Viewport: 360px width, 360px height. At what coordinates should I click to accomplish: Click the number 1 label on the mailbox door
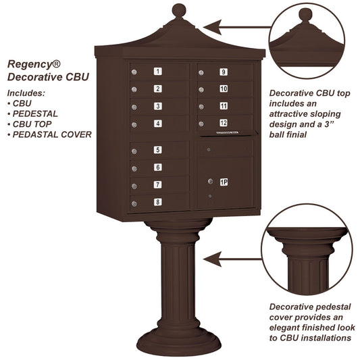[157, 71]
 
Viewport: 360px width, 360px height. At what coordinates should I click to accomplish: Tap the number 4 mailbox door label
[157, 123]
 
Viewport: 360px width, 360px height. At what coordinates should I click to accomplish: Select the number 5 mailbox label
[157, 150]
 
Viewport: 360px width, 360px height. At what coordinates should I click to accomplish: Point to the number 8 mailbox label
[157, 201]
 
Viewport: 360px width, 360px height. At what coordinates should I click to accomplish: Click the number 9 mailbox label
[223, 72]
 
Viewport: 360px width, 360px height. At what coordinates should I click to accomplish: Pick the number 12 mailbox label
[223, 122]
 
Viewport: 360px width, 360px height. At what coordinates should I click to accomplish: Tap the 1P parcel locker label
[223, 181]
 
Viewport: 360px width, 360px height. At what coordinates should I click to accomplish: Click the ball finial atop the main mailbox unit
[178, 11]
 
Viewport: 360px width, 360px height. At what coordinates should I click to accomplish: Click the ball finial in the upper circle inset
[306, 14]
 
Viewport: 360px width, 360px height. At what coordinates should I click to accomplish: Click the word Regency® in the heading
[34, 63]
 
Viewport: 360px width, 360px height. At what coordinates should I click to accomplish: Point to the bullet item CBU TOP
[37, 124]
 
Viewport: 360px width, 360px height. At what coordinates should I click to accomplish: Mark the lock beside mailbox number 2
[134, 89]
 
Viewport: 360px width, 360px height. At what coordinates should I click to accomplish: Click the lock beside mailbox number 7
[134, 186]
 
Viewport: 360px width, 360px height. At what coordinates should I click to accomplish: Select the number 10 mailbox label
[223, 88]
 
